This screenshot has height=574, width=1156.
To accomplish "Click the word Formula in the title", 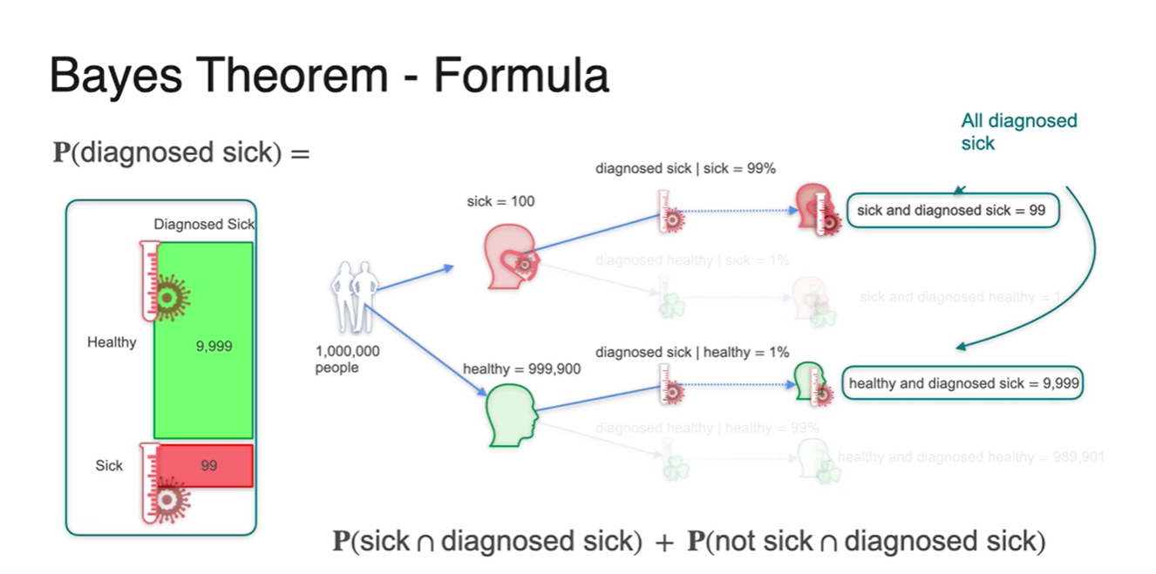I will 520,76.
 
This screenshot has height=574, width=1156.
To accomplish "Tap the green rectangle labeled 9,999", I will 204,341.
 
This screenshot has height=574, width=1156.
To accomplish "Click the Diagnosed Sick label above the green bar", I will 204,224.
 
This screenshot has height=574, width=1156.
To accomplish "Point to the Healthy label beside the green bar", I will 112,342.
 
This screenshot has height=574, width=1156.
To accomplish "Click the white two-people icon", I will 354,296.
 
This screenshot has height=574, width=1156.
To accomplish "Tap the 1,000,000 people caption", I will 347,360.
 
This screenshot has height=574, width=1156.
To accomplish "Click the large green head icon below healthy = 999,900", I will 511,416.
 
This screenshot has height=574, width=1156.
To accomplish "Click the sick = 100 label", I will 500,201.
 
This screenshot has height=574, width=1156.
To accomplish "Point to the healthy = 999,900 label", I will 522,369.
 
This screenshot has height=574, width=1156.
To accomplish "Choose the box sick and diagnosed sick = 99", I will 953,211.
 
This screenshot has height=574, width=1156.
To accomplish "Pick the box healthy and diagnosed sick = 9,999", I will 964,383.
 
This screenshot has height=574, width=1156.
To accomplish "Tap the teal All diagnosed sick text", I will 1018,132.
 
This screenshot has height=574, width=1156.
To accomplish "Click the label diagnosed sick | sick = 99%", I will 685,169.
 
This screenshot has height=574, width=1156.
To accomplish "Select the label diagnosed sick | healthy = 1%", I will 692,352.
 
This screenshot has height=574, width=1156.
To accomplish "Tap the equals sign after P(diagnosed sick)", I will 299,153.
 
